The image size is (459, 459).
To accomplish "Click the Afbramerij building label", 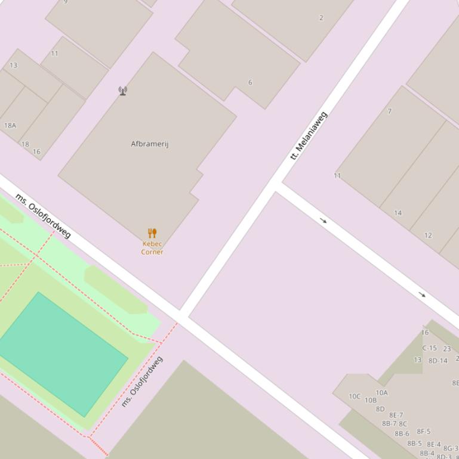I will click(150, 144).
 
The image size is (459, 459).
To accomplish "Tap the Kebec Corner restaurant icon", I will click(152, 233).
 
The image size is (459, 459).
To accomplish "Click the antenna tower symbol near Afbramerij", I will click(122, 91).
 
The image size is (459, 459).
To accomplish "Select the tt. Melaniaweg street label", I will click(309, 135).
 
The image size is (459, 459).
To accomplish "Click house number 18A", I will click(10, 125).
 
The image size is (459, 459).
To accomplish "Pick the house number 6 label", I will click(250, 82).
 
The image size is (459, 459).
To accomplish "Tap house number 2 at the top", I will click(321, 18).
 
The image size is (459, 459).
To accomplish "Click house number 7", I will click(389, 111).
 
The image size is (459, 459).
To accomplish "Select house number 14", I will click(398, 213).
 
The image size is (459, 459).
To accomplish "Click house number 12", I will click(428, 235).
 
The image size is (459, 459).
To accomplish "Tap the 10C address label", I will click(355, 396).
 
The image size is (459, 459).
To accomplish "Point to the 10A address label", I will click(381, 393).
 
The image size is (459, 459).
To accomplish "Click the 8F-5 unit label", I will click(423, 432).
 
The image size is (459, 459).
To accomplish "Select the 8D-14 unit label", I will click(438, 361).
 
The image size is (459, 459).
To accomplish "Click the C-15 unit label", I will click(429, 348).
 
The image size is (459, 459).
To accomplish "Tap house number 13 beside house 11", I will click(13, 65).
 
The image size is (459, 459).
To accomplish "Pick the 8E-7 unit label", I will click(396, 415).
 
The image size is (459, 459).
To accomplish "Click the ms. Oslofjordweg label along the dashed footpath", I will click(141, 382).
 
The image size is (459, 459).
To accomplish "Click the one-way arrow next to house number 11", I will click(324, 221).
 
